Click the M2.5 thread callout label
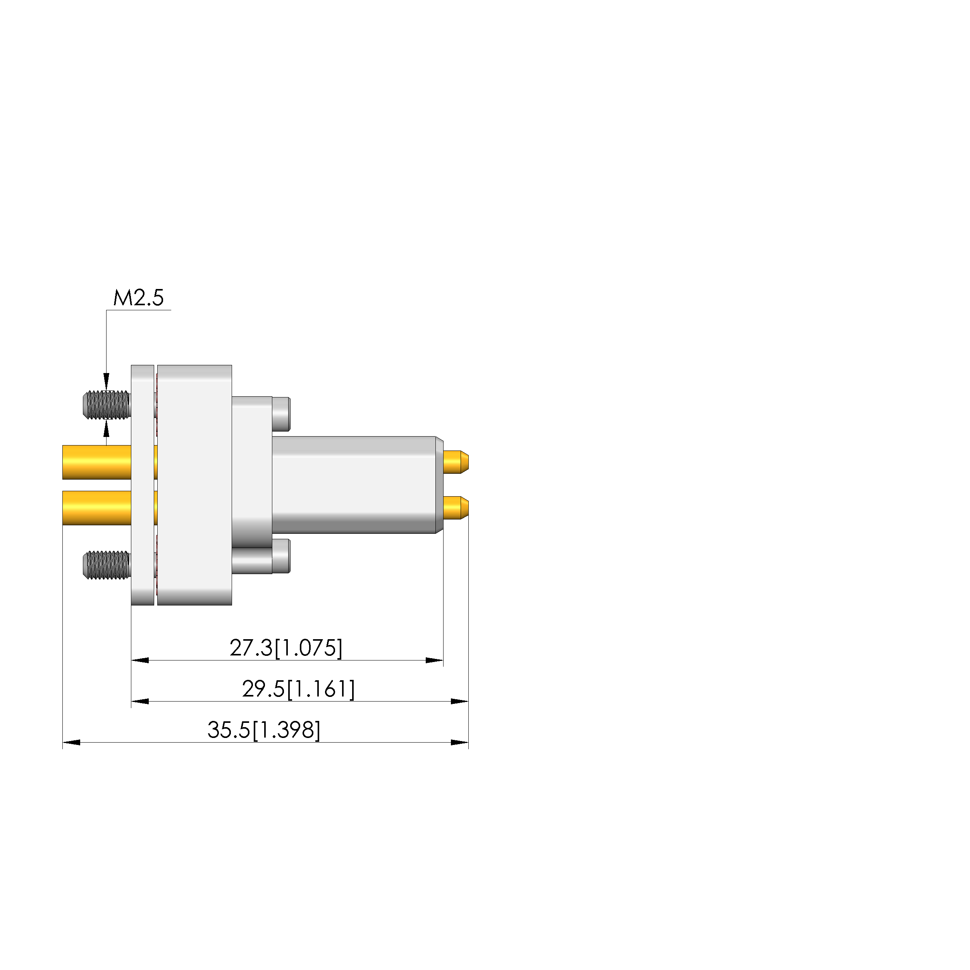point(139,298)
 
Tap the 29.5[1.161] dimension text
point(299,689)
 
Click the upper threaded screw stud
point(107,405)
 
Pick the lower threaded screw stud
point(107,565)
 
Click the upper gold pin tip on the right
point(456,462)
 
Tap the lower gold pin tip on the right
point(456,507)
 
